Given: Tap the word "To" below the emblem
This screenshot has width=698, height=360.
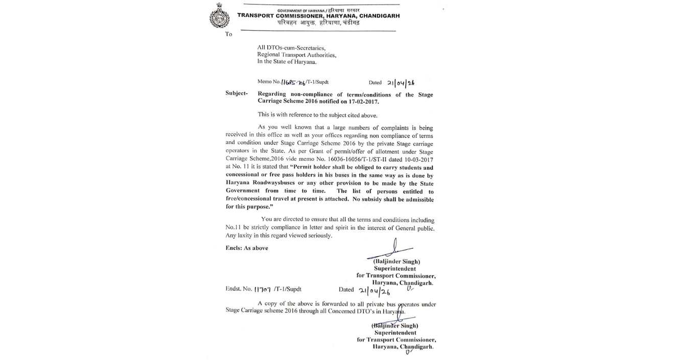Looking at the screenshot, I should click(228, 34).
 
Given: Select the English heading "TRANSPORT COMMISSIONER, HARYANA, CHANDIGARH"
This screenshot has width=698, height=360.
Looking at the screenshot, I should click(318, 16).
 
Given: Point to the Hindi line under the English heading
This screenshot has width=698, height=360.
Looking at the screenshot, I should click(318, 23).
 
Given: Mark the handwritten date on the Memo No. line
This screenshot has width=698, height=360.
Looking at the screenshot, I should click(401, 82).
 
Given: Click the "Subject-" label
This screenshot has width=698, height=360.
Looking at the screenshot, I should click(237, 93).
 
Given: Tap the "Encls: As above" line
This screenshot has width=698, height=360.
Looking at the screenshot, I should click(247, 248).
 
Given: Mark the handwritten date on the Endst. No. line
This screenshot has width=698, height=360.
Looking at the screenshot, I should click(374, 290).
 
